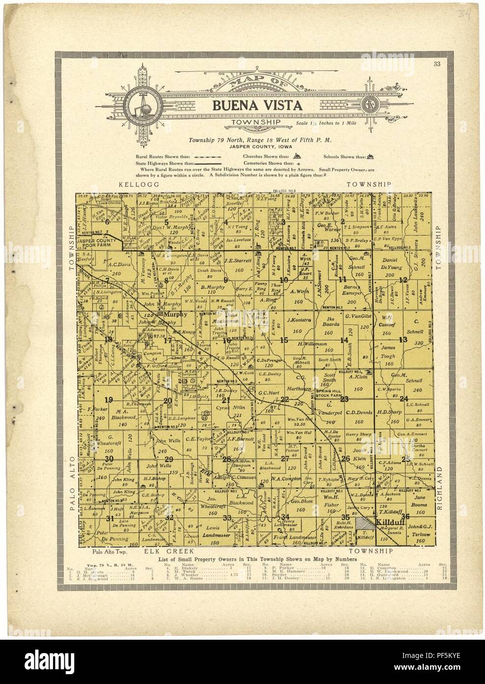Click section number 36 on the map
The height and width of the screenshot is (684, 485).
[405, 516]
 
